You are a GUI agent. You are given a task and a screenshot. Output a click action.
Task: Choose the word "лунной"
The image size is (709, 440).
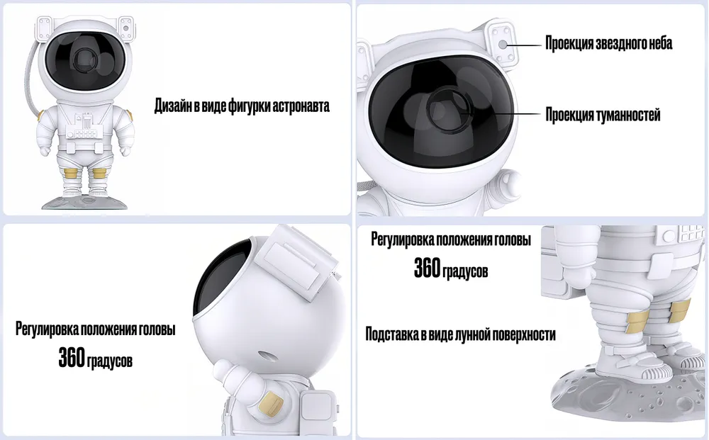pos(467,334)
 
